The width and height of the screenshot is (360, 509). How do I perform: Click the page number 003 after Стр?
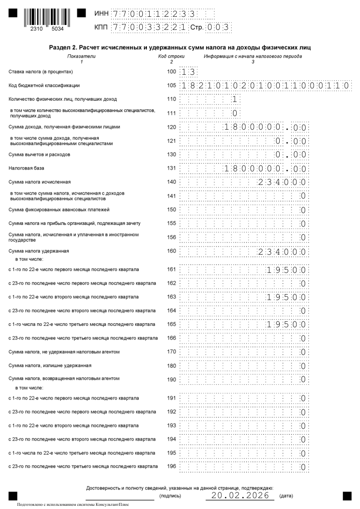(x=219, y=28)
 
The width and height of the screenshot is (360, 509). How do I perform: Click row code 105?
(x=171, y=85)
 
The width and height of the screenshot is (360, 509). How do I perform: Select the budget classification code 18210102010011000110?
(x=266, y=85)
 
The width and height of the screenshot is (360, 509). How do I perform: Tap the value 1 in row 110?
(x=234, y=99)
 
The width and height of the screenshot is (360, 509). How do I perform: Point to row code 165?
(x=171, y=325)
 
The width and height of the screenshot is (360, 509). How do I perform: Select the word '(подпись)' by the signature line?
(x=170, y=496)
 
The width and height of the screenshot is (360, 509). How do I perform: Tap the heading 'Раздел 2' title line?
(x=180, y=48)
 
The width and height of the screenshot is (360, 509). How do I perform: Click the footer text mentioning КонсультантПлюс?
(x=73, y=504)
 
